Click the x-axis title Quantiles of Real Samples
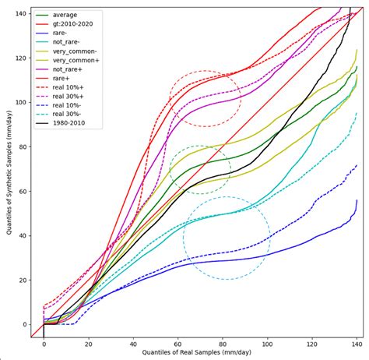point(194,355)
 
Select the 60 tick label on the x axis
point(177,343)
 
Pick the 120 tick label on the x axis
point(312,343)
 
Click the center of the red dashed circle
point(206,99)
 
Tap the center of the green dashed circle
point(200,169)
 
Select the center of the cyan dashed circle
point(227,238)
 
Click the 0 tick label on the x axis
point(44,343)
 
